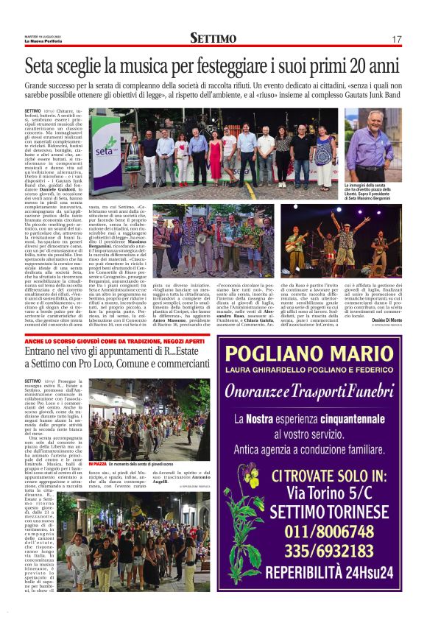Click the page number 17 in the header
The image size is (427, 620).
coord(396,38)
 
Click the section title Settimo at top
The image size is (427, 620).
coord(213,38)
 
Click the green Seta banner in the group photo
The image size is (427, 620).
coord(105,154)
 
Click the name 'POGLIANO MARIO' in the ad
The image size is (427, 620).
coord(318,353)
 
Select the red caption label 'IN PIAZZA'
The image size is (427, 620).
coord(97,465)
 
